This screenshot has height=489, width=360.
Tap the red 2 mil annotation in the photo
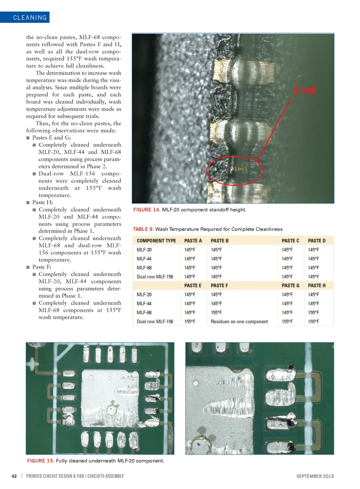tap(304, 90)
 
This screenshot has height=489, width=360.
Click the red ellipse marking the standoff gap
tap(235, 170)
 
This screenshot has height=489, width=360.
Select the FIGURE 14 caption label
tap(147, 210)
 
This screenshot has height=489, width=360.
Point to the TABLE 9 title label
tap(143, 229)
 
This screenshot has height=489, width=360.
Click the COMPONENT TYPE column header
tap(156, 241)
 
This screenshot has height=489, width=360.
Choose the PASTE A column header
tap(193, 241)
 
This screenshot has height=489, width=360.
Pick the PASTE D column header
tap(316, 241)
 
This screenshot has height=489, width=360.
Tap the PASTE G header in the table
tap(290, 286)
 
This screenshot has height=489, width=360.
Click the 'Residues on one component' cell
tap(239, 322)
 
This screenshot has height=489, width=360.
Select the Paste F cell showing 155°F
tap(216, 313)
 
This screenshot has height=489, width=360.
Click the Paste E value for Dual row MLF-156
tap(190, 322)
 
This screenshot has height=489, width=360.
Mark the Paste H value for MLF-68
tap(313, 313)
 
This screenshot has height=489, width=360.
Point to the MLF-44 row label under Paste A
tap(144, 259)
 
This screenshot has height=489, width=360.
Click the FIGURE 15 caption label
tap(40, 461)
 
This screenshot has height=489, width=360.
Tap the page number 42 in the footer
tap(14, 476)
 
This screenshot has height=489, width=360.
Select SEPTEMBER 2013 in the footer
tap(315, 476)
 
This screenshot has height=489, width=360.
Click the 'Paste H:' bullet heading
tap(42, 202)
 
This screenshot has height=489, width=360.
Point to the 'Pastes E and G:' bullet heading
tap(51, 138)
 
